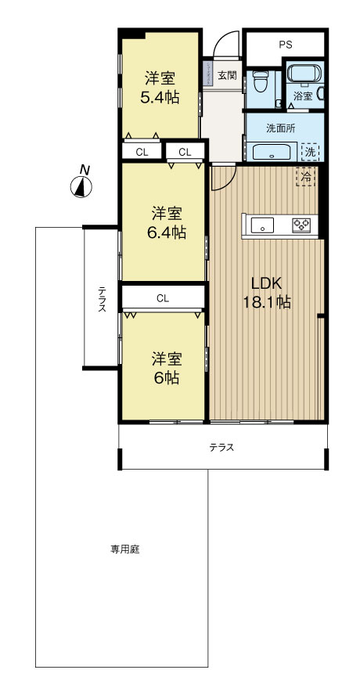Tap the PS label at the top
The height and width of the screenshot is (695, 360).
tap(284, 45)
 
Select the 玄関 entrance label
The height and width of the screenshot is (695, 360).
tap(227, 76)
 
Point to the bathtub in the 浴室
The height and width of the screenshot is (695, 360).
tap(301, 75)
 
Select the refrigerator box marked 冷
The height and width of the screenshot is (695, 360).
tap(306, 177)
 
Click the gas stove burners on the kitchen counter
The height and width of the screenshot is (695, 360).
tap(301, 225)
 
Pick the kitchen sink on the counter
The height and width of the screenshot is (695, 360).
tap(265, 226)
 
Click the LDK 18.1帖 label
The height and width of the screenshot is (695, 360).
tap(271, 292)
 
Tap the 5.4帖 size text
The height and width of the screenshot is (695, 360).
tap(159, 98)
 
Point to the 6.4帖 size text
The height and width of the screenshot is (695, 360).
tap(167, 232)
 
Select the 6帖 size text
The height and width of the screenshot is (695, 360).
tap(167, 377)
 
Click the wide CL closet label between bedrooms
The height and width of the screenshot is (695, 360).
tap(163, 297)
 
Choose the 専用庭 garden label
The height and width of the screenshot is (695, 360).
tap(124, 549)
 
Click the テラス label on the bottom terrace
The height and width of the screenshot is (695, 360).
tap(221, 448)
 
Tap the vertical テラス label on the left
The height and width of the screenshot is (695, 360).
tap(102, 299)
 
